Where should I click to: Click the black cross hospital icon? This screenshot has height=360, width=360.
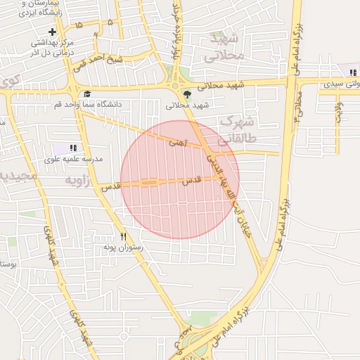point(53,32)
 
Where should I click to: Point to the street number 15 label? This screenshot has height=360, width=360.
point(77,25)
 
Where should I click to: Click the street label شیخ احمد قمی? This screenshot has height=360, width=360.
point(124,60)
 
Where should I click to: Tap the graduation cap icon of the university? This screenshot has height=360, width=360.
point(87,94)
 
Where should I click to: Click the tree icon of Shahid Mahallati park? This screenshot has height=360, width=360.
point(186,94)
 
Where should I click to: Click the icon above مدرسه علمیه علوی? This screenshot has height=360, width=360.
point(72,148)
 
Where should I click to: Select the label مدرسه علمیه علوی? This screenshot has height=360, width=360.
point(73,159)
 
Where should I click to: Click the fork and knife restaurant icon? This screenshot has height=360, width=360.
point(124,237)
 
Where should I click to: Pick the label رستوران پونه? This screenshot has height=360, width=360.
point(123,247)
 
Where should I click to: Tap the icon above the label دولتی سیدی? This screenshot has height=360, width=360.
point(352,72)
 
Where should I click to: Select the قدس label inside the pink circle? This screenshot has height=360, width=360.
point(191,181)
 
